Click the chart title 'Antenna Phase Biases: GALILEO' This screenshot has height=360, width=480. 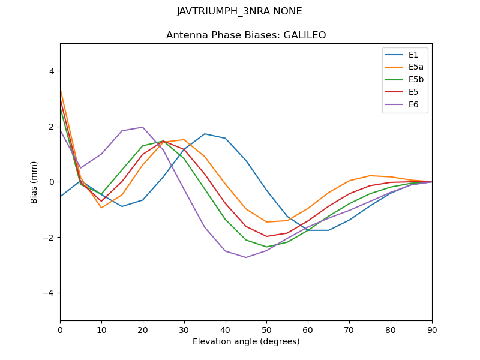pyautogui.click(x=246, y=35)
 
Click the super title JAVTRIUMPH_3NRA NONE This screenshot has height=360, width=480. pyautogui.click(x=239, y=11)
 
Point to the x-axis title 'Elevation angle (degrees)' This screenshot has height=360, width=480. pyautogui.click(x=246, y=342)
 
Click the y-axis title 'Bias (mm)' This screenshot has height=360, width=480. pyautogui.click(x=34, y=182)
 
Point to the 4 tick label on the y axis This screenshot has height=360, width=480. pyautogui.click(x=51, y=71)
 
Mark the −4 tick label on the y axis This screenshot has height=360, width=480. pyautogui.click(x=49, y=293)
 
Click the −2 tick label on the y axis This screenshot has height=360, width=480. pyautogui.click(x=49, y=238)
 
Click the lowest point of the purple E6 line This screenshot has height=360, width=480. pyautogui.click(x=246, y=257)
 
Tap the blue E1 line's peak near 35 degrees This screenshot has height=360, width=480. pyautogui.click(x=205, y=134)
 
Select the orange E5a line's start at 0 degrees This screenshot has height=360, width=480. pyautogui.click(x=60, y=88)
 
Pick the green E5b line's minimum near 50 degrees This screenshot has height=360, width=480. pyautogui.click(x=266, y=247)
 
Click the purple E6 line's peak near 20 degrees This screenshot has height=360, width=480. pyautogui.click(x=143, y=127)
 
